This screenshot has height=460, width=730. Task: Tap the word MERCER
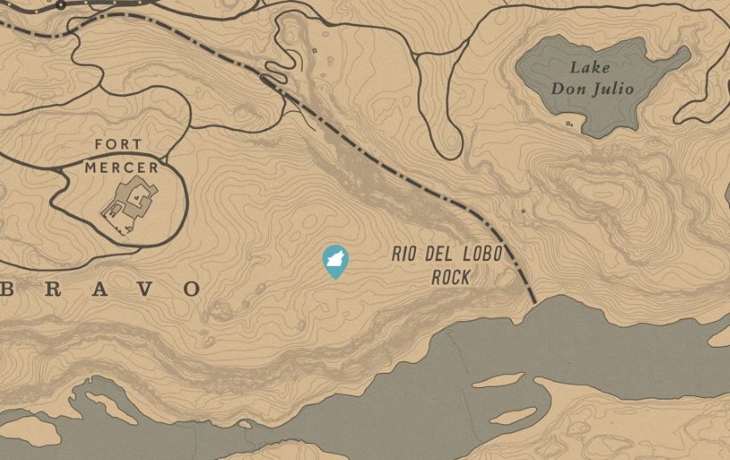tap(123, 166)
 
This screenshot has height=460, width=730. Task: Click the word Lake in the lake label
tap(591, 68)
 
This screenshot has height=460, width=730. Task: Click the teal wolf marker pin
tap(335, 261)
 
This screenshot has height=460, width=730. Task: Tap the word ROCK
tap(450, 278)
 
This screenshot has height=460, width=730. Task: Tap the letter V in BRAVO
tap(144, 288)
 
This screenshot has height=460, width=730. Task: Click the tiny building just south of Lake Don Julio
tap(569, 125)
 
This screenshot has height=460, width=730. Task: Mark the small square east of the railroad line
tap(523, 211)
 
